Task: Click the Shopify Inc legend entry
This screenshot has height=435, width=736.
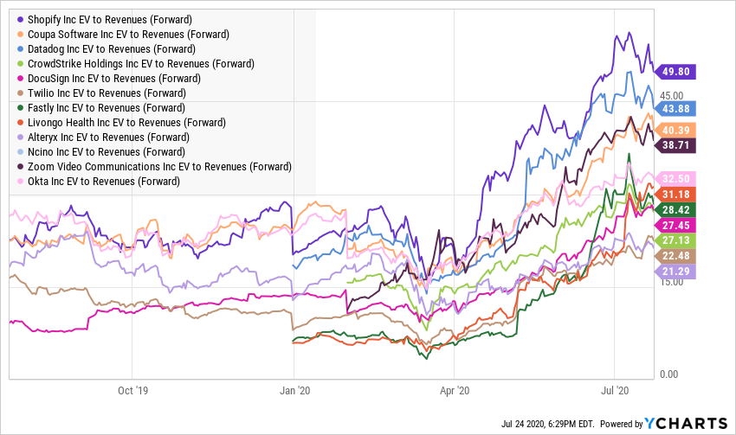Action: [x=110, y=19]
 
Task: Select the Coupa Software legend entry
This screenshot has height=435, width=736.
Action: [x=128, y=34]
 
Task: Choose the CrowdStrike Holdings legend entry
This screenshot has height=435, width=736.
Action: [x=140, y=63]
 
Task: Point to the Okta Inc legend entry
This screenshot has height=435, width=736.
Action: [x=104, y=181]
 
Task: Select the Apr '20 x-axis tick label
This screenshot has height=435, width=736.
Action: [x=455, y=390]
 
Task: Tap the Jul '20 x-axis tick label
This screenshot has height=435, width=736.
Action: [x=614, y=390]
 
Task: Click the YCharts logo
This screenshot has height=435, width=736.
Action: [x=685, y=423]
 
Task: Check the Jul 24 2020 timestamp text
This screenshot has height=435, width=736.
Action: [x=547, y=424]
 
